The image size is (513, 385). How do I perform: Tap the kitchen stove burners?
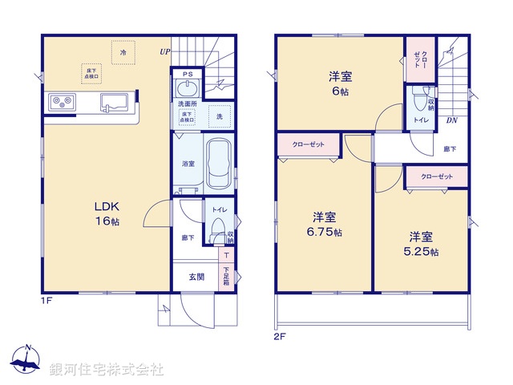62,102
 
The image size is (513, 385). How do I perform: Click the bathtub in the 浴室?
219,163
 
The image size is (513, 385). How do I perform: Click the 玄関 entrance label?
196,278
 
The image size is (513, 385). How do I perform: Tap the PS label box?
188,75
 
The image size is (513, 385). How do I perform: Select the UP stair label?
164,52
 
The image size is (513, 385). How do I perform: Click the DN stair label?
452,120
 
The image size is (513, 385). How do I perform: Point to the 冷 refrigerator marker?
123,52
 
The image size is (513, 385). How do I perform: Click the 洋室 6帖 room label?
340,84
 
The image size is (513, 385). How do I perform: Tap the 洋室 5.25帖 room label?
422,244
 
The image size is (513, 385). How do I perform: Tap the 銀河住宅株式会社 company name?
107,370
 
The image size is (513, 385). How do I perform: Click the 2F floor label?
280,338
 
